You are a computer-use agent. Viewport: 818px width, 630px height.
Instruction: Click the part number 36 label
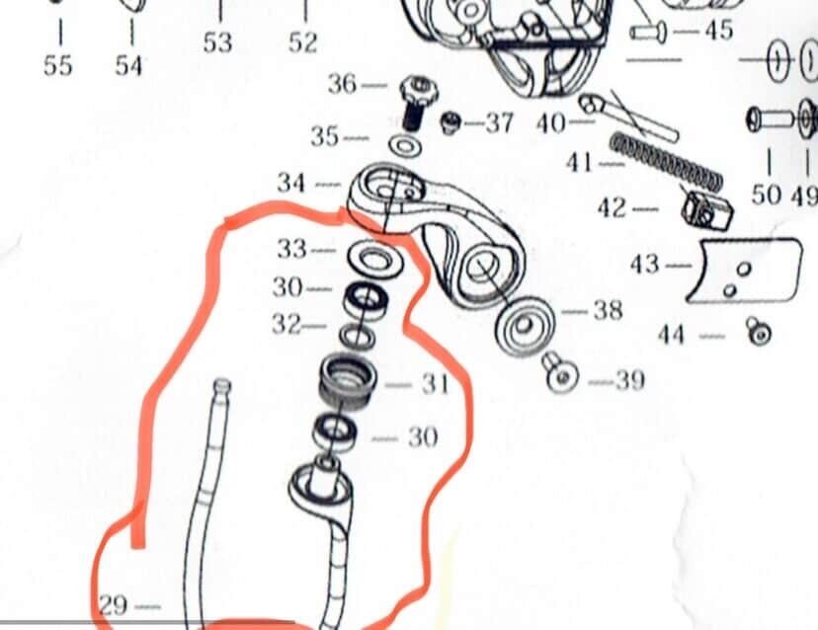coord(342,84)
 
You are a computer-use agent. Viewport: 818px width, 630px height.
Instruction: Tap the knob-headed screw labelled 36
coord(417,103)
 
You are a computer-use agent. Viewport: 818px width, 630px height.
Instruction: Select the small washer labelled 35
coord(406,146)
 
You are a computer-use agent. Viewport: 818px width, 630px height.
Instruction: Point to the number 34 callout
coord(291,183)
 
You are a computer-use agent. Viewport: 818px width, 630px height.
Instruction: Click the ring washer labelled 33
coord(375,259)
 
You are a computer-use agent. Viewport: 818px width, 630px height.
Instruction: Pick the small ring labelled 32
coord(357,336)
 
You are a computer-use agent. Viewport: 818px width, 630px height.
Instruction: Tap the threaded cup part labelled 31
coord(348,381)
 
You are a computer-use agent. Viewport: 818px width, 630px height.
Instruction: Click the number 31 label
coord(435,384)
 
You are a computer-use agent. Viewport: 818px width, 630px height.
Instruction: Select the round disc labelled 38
coord(524,326)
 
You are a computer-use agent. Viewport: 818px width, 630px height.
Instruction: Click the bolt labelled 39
coord(562,373)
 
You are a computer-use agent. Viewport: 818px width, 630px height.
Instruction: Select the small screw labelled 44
coord(759,331)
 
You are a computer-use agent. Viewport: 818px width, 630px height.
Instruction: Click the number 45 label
coord(719,31)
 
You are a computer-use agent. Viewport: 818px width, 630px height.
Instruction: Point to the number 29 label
coord(113,605)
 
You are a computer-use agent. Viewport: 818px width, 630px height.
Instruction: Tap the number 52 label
coord(303,42)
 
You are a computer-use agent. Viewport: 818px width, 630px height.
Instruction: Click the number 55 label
coord(57,66)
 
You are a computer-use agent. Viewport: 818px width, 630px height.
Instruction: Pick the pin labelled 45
coord(648,33)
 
